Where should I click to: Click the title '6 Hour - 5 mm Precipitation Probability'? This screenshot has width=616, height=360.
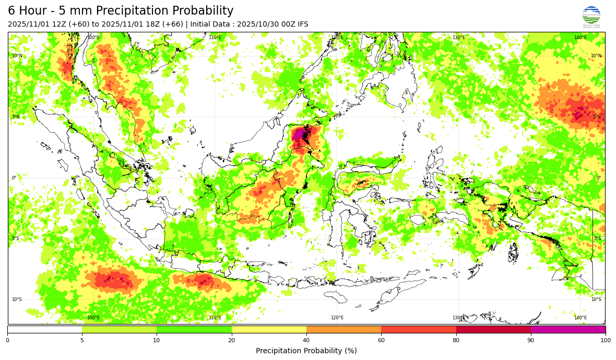pos(121,11)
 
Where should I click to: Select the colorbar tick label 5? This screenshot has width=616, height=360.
pos(82,340)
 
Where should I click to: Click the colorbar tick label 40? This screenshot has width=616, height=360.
pos(306,340)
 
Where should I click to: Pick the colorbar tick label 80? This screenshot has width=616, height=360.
pos(456,340)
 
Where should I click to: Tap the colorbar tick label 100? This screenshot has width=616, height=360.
pos(606,340)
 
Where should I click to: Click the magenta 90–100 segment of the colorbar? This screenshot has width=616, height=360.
pos(568,329)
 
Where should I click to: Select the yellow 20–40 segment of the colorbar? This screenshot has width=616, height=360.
pos(269,329)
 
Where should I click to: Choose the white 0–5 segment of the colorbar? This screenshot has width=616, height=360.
pos(44,329)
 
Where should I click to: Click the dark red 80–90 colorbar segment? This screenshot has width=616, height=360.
pos(493,329)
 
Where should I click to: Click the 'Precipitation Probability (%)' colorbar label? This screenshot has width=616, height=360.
pos(306,351)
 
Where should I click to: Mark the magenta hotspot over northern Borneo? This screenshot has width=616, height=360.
pos(299,135)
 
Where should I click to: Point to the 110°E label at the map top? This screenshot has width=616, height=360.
pos(215,38)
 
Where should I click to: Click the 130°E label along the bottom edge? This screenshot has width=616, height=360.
pos(458,318)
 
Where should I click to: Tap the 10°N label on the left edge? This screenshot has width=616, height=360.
pos(17,56)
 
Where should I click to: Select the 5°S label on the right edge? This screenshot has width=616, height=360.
pos(597,238)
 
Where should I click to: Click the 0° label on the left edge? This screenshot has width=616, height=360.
pos(14,178)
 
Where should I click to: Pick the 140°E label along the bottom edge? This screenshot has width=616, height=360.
pos(581,318)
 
